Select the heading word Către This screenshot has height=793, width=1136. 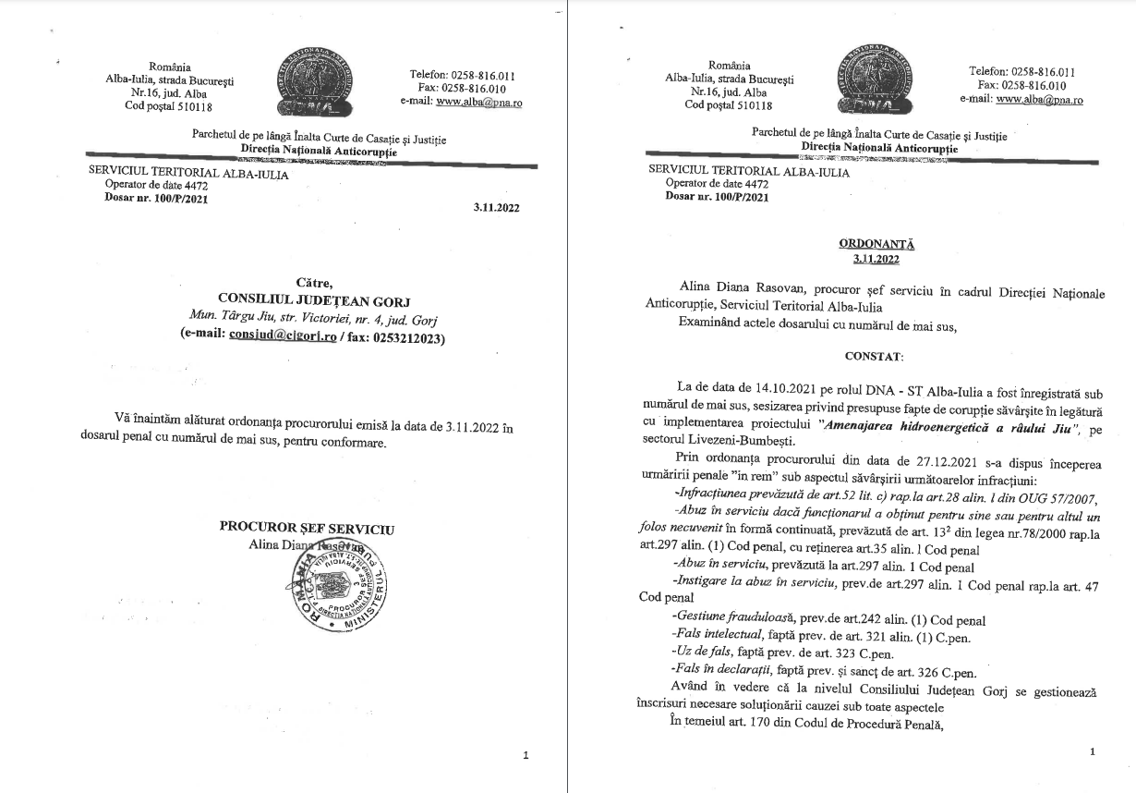coord(313,282)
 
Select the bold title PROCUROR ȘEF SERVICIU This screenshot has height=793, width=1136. coord(307,528)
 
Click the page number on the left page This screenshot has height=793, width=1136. coord(526,755)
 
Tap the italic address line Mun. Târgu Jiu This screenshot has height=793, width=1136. coord(311,320)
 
